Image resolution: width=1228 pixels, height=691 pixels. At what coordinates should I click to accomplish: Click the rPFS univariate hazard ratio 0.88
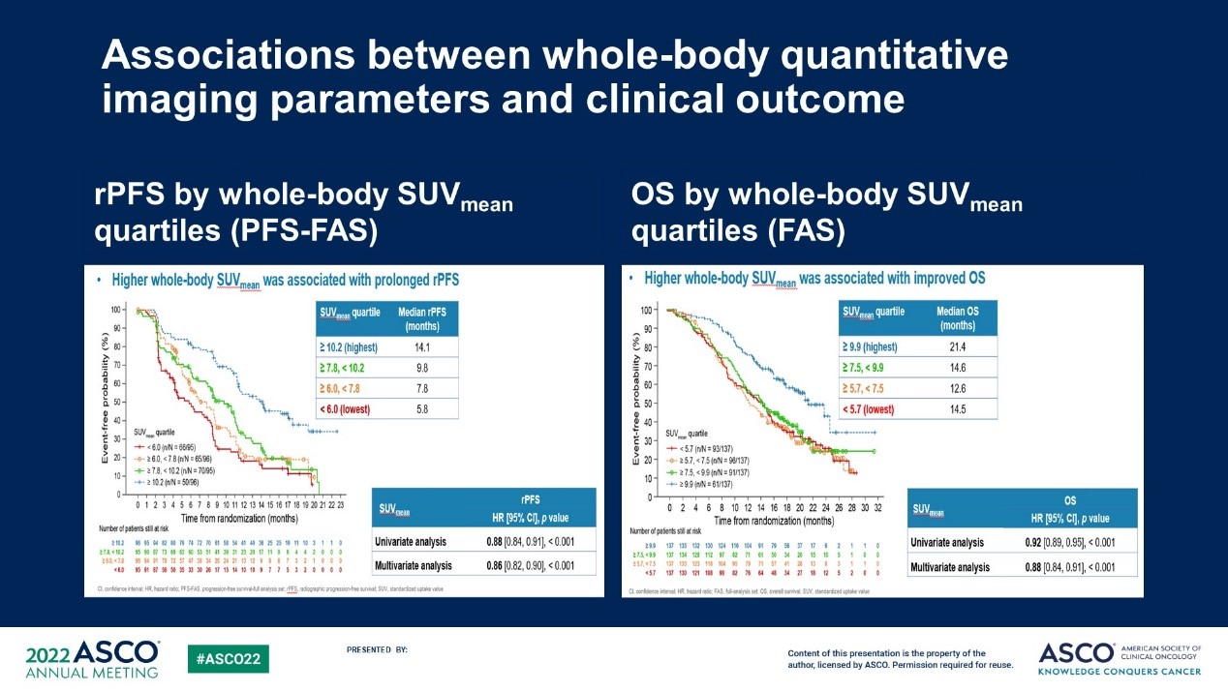point(493,541)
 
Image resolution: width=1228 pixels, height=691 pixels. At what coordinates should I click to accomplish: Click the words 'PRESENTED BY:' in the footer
point(377,649)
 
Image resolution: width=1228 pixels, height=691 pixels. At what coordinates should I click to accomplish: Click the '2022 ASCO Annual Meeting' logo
point(93,658)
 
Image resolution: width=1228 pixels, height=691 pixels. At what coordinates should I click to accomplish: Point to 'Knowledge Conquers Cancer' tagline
point(1120,672)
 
